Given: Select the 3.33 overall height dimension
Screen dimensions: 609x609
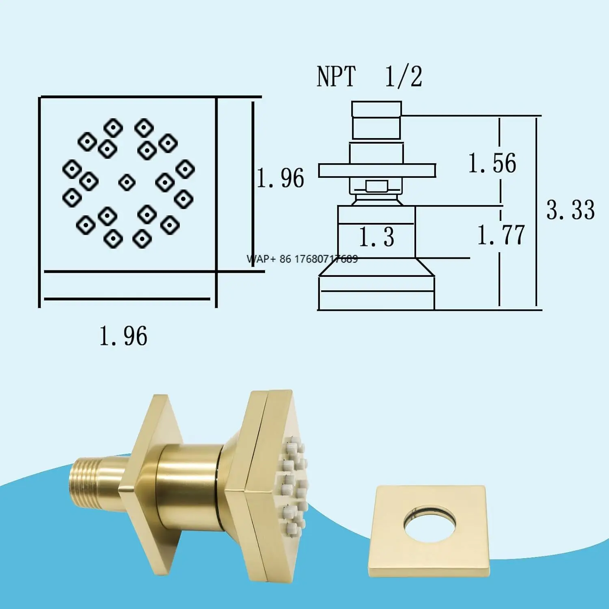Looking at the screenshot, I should [570, 210].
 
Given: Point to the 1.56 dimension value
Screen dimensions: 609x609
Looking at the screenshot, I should [492, 164].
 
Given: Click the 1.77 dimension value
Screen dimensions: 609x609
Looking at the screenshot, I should [501, 235].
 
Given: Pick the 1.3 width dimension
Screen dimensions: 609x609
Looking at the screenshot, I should [376, 237].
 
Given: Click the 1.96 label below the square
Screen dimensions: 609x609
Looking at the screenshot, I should [123, 336].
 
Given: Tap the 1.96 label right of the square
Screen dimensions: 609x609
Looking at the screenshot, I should [281, 178].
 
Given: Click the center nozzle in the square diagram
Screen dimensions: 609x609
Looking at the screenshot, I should [127, 182].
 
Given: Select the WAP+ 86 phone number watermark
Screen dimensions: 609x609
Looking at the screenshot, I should [302, 259].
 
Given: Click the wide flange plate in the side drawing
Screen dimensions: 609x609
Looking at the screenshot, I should [376, 171].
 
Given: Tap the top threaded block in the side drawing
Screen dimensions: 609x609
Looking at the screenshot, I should [376, 120].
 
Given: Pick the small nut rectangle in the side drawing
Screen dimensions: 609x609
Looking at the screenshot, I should [376, 186].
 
